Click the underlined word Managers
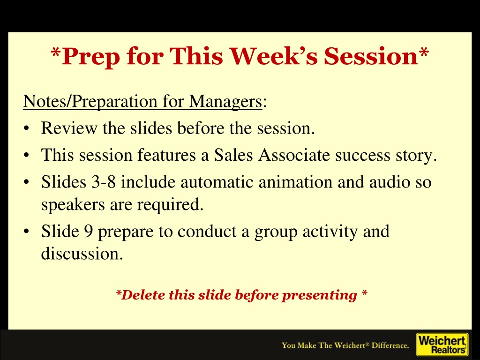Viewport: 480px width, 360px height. (225, 102)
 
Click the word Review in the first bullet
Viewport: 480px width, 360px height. (69, 128)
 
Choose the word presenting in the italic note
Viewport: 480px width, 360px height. (319, 296)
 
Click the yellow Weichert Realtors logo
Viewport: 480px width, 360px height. (442, 345)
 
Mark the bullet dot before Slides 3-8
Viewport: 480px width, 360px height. (27, 182)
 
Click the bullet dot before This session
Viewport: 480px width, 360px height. (27, 155)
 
